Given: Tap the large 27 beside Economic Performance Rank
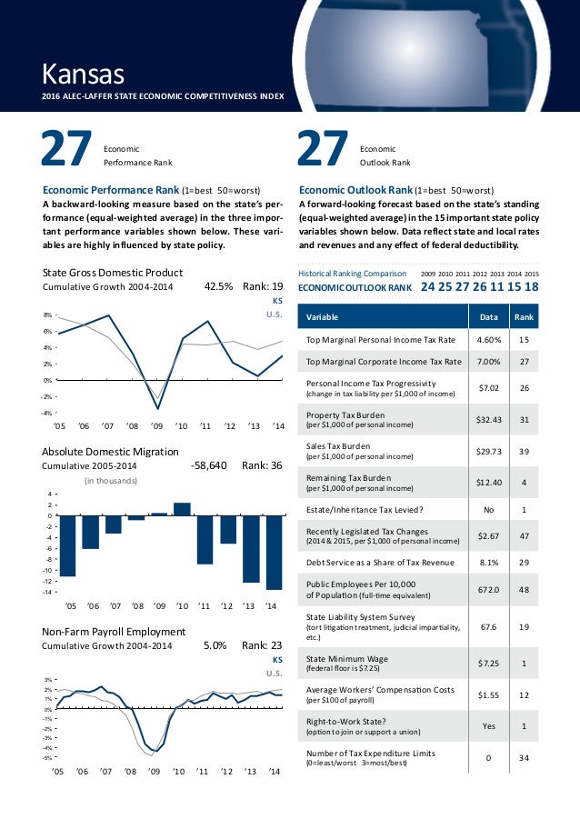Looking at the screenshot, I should pyautogui.click(x=66, y=151).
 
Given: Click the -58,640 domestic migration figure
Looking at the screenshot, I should pyautogui.click(x=209, y=464).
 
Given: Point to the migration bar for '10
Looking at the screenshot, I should pyautogui.click(x=182, y=509).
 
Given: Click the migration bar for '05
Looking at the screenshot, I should pyautogui.click(x=68, y=545).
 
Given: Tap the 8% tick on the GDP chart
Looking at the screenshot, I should pyautogui.click(x=49, y=315).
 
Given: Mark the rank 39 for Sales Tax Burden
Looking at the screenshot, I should pyautogui.click(x=524, y=451).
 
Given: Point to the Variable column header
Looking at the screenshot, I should pyautogui.click(x=322, y=317).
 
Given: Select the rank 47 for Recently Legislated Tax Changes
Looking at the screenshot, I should pyautogui.click(x=524, y=536).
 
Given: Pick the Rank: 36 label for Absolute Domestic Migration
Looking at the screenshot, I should pyautogui.click(x=262, y=464).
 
